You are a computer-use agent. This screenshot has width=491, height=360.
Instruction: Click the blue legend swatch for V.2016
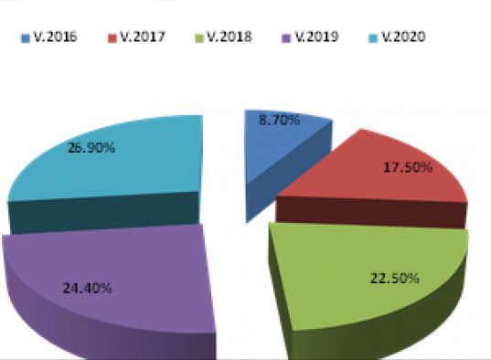tap(25, 38)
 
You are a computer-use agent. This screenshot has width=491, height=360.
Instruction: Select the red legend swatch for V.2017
tap(112, 38)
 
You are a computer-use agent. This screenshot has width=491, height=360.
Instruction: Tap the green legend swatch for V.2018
tap(199, 38)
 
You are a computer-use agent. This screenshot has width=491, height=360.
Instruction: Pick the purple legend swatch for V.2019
tap(287, 38)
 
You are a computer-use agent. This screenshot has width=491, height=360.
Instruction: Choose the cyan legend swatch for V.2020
tap(375, 38)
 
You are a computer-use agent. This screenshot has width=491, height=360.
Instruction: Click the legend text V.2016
tap(56, 38)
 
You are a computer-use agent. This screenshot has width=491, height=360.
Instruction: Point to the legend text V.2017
tap(144, 38)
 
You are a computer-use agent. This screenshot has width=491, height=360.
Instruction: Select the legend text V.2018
tap(230, 38)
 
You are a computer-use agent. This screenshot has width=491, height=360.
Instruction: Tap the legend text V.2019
tap(318, 38)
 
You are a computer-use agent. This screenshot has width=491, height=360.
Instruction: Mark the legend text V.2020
tap(406, 38)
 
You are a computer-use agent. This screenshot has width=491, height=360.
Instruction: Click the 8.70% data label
tap(279, 121)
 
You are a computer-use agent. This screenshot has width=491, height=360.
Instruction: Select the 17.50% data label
tap(405, 168)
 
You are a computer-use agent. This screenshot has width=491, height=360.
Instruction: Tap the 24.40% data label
tap(89, 288)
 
